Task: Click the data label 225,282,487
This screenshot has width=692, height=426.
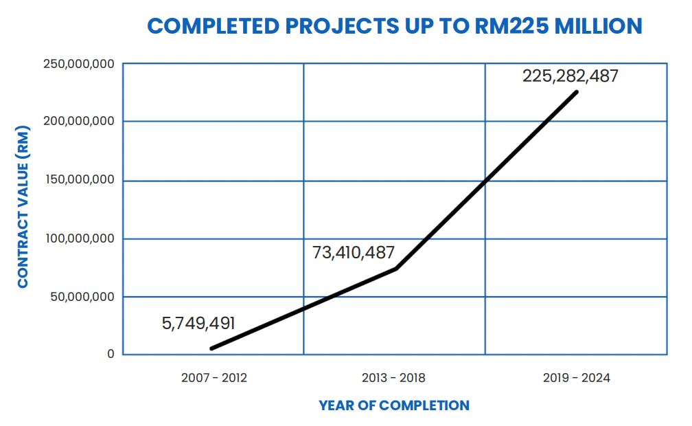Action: pyautogui.click(x=570, y=76)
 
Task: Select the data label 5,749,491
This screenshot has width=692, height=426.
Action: pyautogui.click(x=198, y=323)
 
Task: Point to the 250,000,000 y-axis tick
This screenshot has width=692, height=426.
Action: pyautogui.click(x=78, y=65)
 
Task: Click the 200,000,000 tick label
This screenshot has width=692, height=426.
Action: pyautogui.click(x=78, y=122)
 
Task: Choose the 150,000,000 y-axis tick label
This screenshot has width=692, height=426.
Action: pyautogui.click(x=78, y=181)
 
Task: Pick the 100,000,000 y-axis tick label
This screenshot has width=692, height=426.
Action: pyautogui.click(x=78, y=239)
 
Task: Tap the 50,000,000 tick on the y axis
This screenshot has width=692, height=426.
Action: pyautogui.click(x=82, y=297)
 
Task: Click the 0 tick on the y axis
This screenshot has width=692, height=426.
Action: pyautogui.click(x=110, y=355)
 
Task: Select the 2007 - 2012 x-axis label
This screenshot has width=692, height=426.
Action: pyautogui.click(x=214, y=378)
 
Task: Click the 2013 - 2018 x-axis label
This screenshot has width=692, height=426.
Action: pyautogui.click(x=393, y=378)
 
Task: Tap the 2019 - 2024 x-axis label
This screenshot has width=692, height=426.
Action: pyautogui.click(x=576, y=378)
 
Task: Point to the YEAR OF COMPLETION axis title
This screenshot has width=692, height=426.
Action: pyautogui.click(x=394, y=405)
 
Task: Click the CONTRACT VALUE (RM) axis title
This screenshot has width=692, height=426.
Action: pyautogui.click(x=23, y=207)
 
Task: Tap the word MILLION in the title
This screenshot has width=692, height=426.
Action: pyautogui.click(x=598, y=26)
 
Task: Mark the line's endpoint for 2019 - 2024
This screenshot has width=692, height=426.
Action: pyautogui.click(x=577, y=92)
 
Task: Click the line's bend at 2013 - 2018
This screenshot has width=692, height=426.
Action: pyautogui.click(x=396, y=268)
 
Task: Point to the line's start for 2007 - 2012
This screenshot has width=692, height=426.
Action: pyautogui.click(x=211, y=348)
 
